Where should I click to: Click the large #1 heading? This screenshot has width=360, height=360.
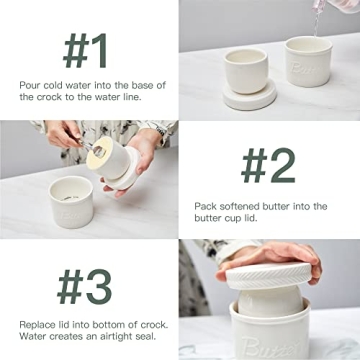pos(88,49)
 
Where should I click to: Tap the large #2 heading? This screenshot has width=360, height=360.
pos(268,165)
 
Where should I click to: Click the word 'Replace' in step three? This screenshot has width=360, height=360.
pos(36,323)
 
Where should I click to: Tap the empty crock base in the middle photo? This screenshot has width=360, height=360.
pos(71,200)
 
